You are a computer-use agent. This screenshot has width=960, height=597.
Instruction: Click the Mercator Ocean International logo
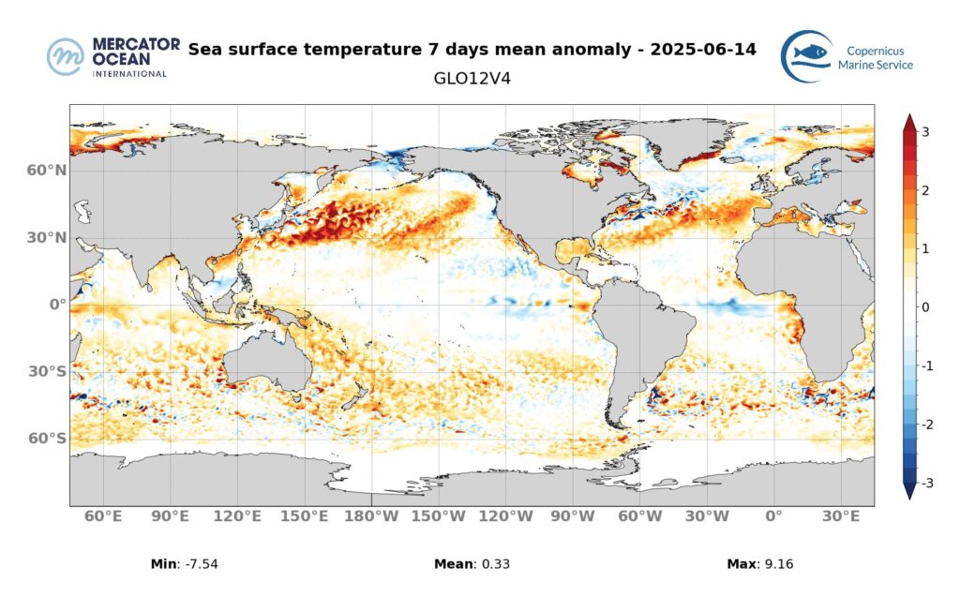click(x=107, y=56)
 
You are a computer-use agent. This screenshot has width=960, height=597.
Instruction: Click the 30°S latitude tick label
click(x=46, y=372)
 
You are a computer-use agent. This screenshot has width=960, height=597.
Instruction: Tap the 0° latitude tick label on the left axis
click(x=57, y=305)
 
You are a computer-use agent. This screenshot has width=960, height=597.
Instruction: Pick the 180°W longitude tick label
click(x=372, y=516)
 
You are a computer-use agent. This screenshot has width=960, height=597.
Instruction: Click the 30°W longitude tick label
click(x=707, y=516)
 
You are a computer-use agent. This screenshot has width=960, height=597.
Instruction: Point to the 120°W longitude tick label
click(x=506, y=516)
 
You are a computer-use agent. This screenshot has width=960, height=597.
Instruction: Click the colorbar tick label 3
click(x=925, y=132)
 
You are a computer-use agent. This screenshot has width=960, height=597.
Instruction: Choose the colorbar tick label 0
click(x=925, y=307)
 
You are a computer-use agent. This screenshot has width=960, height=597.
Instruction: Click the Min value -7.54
click(x=203, y=564)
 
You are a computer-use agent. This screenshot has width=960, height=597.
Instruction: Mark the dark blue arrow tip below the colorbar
click(x=908, y=491)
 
